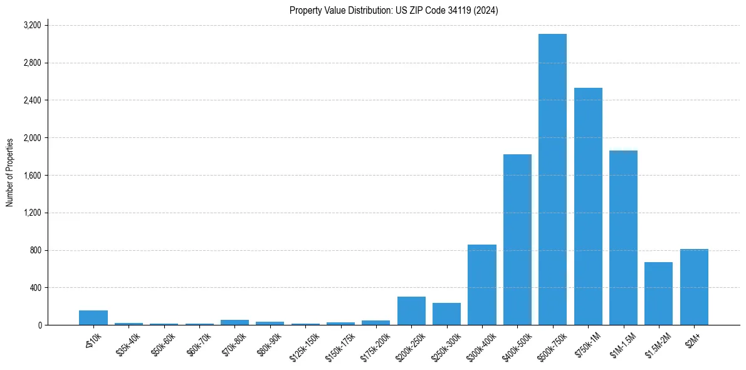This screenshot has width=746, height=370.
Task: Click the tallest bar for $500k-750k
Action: coord(552,179)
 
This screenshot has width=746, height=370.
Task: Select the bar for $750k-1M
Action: coord(588,206)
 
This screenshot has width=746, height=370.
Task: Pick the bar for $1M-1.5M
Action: coord(623,238)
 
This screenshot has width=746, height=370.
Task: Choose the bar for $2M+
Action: coord(694,287)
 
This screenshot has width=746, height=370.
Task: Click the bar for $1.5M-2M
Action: coord(658,293)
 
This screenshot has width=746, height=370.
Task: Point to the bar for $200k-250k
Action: coord(411,310)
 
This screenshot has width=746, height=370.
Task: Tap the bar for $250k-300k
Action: coord(446,314)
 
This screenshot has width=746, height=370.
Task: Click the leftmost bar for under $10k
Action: coord(93,317)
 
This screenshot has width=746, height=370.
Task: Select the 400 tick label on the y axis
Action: coord(36,288)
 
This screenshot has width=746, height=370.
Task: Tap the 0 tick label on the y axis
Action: coord(39,325)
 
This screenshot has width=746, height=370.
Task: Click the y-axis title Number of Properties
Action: coord(10,172)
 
